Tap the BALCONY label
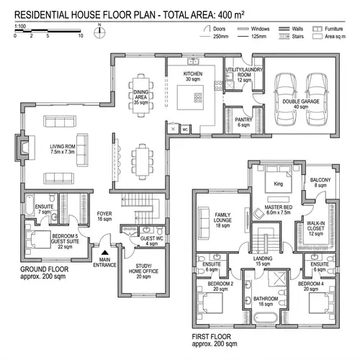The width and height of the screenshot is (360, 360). pos(320,182)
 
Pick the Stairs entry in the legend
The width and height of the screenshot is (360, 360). pos(294,35)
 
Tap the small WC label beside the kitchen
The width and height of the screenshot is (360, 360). pos(185,130)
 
